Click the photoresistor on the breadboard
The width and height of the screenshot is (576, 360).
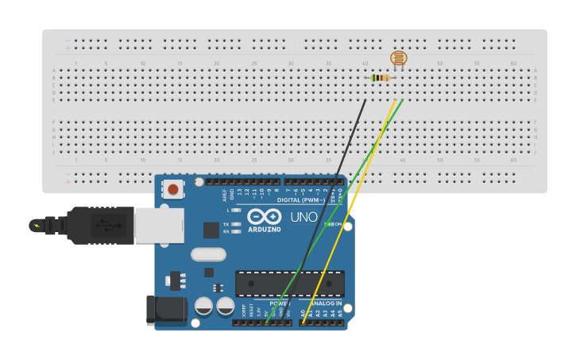coord(398,58)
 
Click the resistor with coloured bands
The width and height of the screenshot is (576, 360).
coord(381,78)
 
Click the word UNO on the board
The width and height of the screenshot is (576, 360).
coord(303,217)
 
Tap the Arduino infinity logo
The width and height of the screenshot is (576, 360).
coord(264,216)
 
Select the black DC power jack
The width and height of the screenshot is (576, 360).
coord(165,310)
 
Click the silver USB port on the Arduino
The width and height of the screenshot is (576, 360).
coord(159,225)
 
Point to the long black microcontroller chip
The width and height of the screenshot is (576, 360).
coord(290,284)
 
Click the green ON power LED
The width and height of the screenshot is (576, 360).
coord(330,224)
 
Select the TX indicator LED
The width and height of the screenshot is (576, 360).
coord(236,224)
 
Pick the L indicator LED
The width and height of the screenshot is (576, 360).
coord(236,211)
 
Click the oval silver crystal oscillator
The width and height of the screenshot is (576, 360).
coord(208,255)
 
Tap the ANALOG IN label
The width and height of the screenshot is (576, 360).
coord(324,304)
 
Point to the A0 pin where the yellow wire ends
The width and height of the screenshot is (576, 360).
coord(302,323)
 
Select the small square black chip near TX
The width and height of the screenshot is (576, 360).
coord(211,230)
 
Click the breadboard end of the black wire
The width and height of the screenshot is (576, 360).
coord(365,100)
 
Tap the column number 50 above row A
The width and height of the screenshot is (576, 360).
coord(439,63)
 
